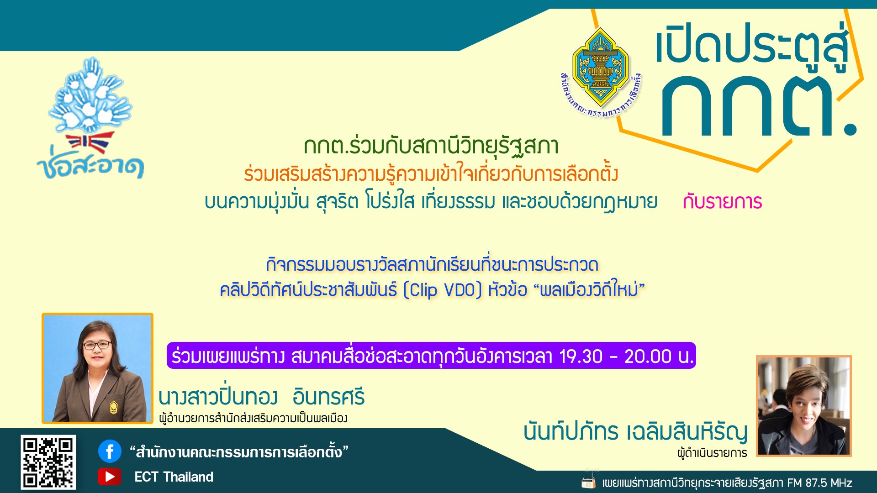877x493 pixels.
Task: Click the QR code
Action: click(x=48, y=462)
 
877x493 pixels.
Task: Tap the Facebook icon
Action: click(x=110, y=451)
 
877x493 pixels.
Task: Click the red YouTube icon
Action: click(x=110, y=477)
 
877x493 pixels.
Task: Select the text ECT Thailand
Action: click(x=174, y=477)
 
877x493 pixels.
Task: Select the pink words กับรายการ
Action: click(x=723, y=202)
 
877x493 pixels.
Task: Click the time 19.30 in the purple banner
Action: click(x=581, y=356)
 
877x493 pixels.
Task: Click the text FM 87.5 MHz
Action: click(x=819, y=483)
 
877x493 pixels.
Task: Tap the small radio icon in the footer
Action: click(x=589, y=481)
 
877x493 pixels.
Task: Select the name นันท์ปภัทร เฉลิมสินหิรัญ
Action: click(x=635, y=432)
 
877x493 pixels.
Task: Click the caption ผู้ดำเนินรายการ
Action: click(x=712, y=453)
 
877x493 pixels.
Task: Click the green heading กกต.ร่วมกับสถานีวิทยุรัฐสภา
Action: click(x=431, y=146)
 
